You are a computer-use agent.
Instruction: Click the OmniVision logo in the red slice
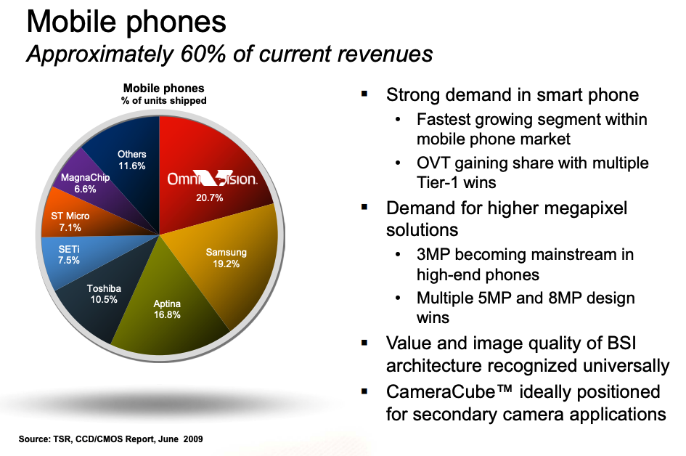(212, 178)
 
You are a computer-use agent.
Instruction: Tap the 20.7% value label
(210, 198)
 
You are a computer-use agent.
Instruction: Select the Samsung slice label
(226, 253)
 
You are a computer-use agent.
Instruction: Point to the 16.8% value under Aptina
(167, 314)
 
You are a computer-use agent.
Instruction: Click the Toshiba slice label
(104, 288)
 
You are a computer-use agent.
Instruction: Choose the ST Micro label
(70, 216)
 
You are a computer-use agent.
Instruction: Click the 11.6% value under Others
(131, 166)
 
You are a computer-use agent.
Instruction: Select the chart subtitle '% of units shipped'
(163, 101)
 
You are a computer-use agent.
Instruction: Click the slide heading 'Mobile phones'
(126, 21)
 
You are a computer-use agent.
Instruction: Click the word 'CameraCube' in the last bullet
(441, 391)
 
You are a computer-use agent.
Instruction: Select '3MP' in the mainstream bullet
(433, 255)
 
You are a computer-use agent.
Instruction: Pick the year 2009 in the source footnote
(193, 439)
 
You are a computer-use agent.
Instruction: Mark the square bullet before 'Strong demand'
(364, 93)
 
